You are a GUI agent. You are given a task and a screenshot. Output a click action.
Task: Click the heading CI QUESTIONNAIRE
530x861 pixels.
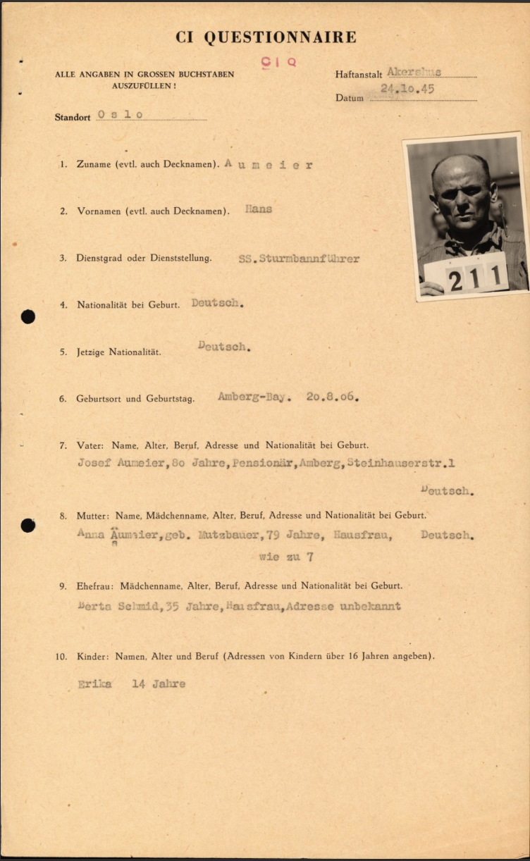coord(266,38)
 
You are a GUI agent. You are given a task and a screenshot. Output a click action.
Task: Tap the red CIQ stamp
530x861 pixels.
coord(279,62)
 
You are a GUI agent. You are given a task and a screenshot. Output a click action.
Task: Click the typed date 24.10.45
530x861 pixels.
coord(407,89)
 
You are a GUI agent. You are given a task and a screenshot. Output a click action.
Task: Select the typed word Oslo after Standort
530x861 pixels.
coord(121,115)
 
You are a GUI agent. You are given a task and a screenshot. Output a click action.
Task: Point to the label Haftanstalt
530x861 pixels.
coord(359,74)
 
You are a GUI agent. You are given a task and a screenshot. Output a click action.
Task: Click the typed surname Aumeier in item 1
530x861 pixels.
coord(269,165)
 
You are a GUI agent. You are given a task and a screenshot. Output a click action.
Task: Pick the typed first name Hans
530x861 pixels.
coord(259,209)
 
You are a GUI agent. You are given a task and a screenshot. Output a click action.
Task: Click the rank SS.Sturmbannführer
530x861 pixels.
coord(299,259)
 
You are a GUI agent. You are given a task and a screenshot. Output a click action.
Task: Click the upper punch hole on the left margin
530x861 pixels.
coord(28,316)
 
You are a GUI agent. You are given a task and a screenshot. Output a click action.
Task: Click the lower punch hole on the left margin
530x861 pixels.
coord(28,525)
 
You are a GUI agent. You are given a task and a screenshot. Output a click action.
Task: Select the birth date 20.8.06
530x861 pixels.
coord(333,397)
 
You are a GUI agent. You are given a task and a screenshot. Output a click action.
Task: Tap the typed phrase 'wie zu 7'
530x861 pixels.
coord(286,557)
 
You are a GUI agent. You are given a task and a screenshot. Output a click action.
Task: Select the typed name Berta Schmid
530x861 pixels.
coord(118,606)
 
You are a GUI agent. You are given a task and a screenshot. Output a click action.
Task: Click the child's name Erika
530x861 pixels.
coord(95,683)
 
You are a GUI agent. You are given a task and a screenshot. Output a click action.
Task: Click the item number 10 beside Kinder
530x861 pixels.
coord(62,657)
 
